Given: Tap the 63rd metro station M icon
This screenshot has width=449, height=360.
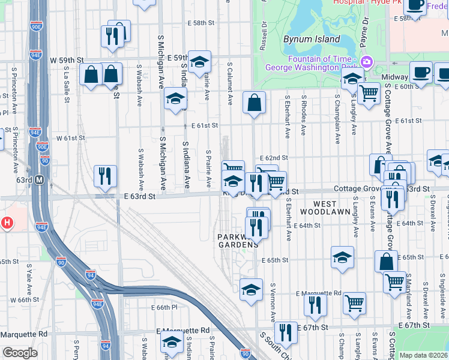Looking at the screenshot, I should click(40, 179).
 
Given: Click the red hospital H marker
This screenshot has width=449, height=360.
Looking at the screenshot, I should click(7, 223).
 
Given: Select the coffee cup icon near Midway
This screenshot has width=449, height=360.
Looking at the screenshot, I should click(421, 72).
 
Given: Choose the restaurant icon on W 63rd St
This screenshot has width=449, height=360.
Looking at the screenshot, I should click(105, 176).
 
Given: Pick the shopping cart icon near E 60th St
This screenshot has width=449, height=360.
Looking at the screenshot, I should click(368, 92).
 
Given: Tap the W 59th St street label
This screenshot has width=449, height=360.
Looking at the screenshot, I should click(66, 61).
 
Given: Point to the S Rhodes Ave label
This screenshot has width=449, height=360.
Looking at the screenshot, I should click(304, 114).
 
